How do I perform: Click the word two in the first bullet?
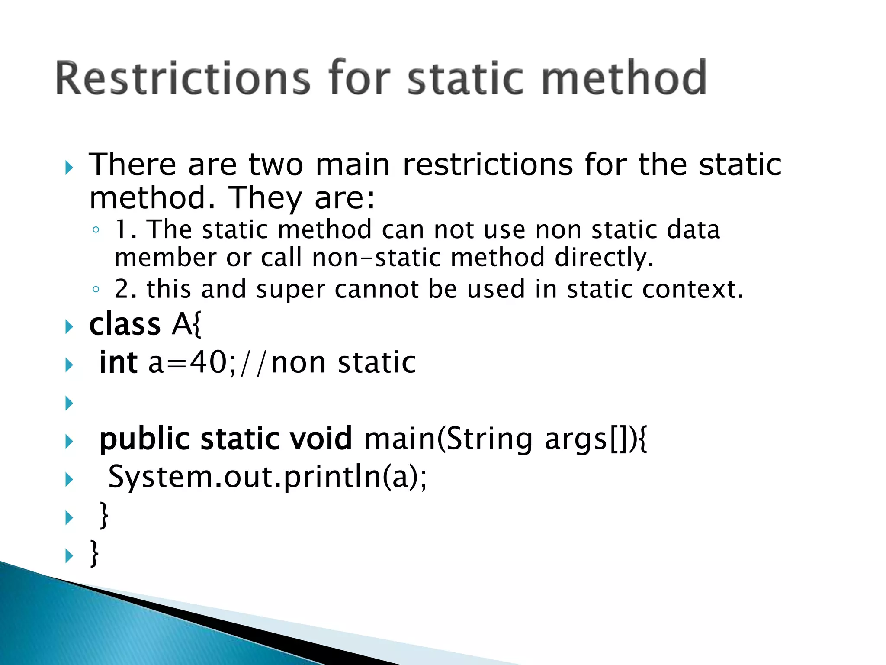click(x=276, y=165)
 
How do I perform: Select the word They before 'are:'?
click(x=265, y=198)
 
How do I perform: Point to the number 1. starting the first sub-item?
click(x=125, y=229)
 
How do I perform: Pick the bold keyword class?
click(x=125, y=324)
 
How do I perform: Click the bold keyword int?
click(x=118, y=362)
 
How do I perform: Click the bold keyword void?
click(x=321, y=439)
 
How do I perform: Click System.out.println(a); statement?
click(x=267, y=477)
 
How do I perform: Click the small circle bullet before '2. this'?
click(x=96, y=289)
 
